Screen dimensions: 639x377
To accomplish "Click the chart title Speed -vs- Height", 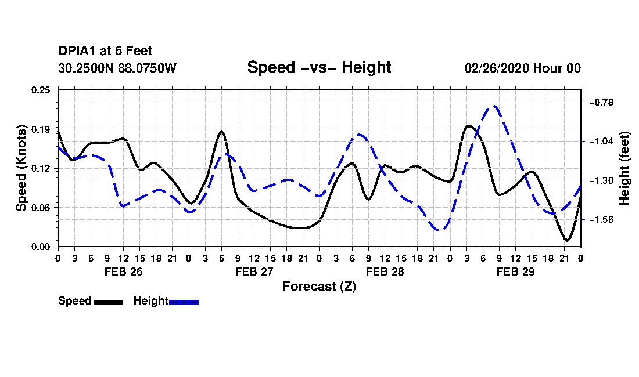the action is [319, 67].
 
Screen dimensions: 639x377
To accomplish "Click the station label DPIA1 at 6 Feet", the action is [105, 51].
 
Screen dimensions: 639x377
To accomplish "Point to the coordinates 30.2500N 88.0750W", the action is [117, 68].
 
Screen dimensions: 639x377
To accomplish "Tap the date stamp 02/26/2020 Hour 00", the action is [523, 68].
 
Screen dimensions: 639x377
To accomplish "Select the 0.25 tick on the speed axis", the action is [41, 90].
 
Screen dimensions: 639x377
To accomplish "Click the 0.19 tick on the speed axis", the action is [41, 129].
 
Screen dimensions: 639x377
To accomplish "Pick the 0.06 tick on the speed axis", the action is [41, 208].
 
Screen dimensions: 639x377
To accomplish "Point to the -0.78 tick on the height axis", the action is [601, 102].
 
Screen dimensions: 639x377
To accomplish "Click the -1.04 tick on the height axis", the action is [601, 141].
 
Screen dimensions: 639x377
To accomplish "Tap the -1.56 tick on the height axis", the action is [601, 220].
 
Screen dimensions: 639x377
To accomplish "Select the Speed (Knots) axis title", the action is [21, 168].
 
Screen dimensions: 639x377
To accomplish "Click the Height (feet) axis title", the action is [624, 168].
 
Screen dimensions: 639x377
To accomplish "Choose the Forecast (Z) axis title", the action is [319, 287].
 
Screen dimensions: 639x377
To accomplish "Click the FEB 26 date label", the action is [124, 271].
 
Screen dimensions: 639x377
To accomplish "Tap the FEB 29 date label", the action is [515, 271].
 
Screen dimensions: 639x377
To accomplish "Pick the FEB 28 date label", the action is [385, 271].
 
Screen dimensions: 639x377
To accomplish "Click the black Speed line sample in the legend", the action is [109, 302].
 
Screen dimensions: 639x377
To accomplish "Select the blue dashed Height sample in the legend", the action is [184, 302].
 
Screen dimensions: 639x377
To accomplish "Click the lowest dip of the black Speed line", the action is [567, 240].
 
